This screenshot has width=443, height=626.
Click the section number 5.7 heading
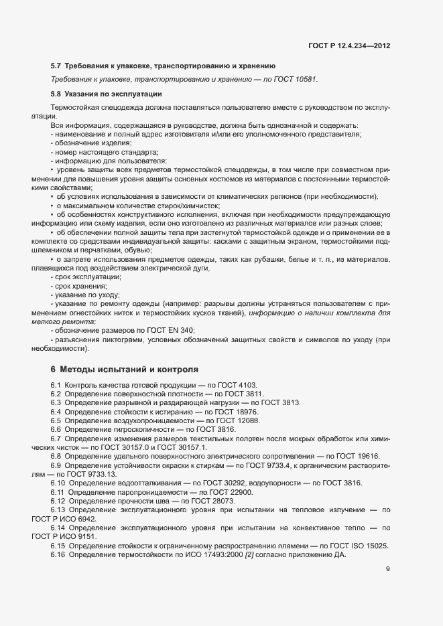pyautogui.click(x=56, y=66)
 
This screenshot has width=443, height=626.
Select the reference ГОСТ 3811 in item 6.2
pyautogui.click(x=242, y=394)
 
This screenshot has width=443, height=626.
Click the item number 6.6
pyautogui.click(x=56, y=428)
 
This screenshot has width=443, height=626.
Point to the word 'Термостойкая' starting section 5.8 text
pyautogui.click(x=74, y=107)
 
